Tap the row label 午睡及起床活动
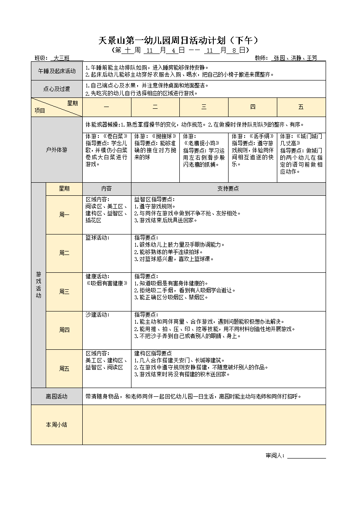[57, 71]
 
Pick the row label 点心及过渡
[57, 89]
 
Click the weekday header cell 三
[204, 107]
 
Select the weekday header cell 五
[301, 107]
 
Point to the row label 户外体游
[57, 150]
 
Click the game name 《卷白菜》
[115, 136]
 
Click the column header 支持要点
[228, 188]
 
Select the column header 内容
[107, 188]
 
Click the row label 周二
[64, 253]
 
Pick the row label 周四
[64, 330]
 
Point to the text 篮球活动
[97, 238]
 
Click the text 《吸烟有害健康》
[107, 283]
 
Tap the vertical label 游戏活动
[38, 285]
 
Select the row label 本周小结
[57, 425]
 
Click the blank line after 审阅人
[306, 456]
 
